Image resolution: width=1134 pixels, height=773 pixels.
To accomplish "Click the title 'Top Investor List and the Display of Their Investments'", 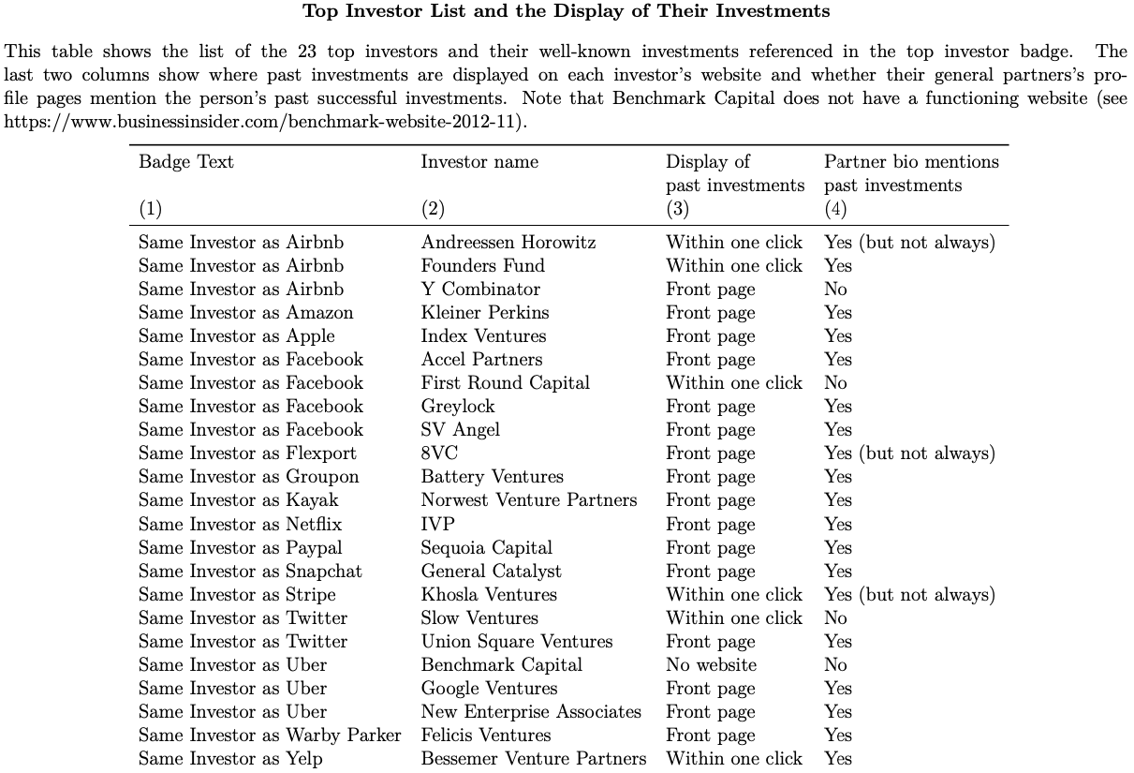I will click(x=567, y=11).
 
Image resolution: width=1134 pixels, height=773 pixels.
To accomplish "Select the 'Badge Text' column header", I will click(x=186, y=162).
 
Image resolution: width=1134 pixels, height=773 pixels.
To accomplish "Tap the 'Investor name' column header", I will click(x=479, y=162).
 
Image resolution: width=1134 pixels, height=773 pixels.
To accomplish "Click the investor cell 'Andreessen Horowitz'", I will click(x=508, y=243).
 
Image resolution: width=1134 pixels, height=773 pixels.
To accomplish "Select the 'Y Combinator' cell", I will click(x=480, y=290).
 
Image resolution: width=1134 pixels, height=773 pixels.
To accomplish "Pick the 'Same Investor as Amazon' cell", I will click(x=246, y=313).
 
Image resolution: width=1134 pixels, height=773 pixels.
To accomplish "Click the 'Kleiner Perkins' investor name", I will click(x=485, y=313).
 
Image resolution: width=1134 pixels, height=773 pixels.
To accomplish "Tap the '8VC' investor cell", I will click(x=439, y=453).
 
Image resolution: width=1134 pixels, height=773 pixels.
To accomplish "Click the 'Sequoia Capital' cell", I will click(x=487, y=548).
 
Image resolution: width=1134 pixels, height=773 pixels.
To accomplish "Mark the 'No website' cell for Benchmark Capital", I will click(x=711, y=665).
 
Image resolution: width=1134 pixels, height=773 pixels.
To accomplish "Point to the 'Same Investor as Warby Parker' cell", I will click(x=270, y=736).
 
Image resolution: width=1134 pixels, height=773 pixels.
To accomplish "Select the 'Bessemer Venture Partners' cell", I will click(x=534, y=759).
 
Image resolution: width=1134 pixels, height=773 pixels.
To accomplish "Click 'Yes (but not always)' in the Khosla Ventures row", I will click(x=909, y=595).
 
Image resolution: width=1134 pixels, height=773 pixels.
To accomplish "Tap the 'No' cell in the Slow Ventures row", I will click(x=835, y=618).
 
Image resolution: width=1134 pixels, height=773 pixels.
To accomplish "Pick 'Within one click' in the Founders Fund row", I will click(x=734, y=266).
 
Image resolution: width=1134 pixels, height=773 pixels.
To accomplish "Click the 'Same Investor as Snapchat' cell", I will click(x=250, y=572).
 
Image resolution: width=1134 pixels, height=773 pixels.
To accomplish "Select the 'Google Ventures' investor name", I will click(x=489, y=689).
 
